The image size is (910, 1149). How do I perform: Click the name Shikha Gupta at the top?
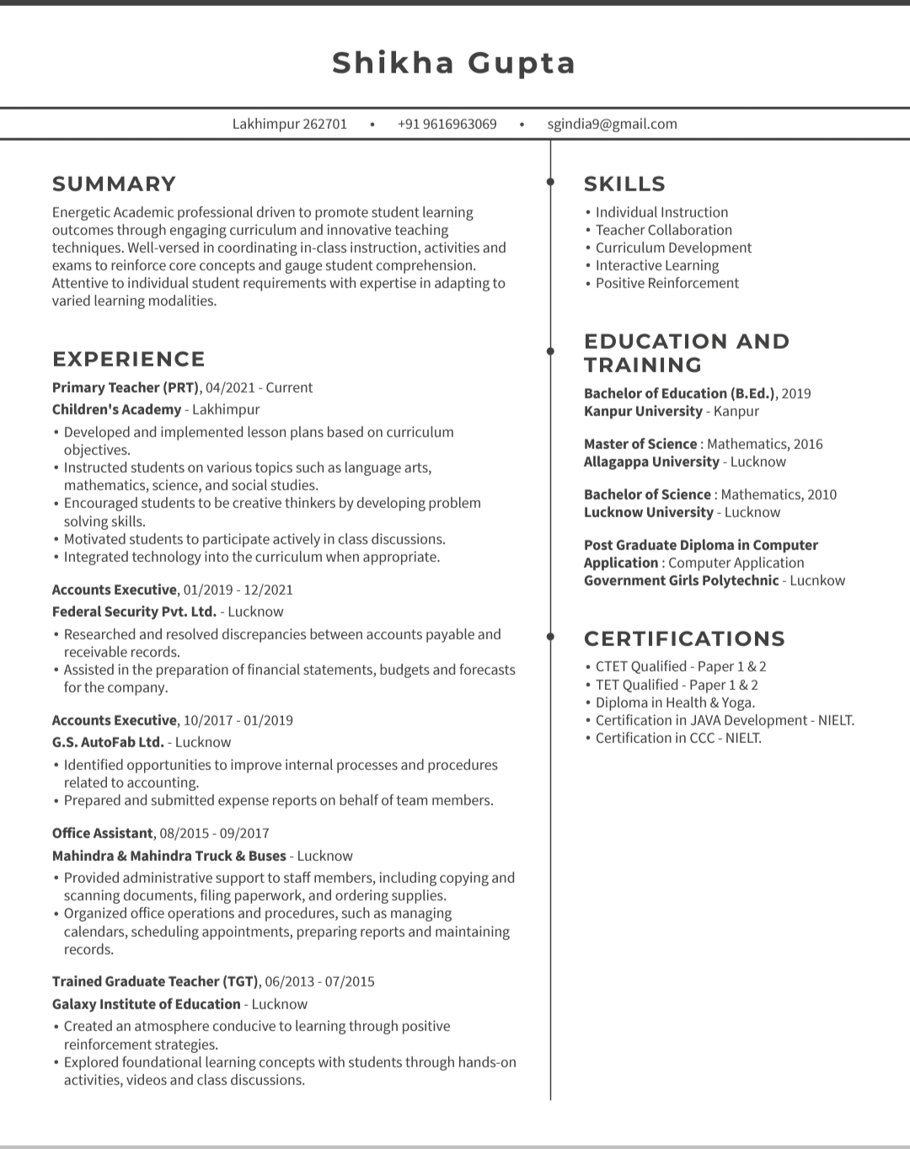[x=454, y=63]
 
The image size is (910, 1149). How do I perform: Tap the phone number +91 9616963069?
[x=447, y=124]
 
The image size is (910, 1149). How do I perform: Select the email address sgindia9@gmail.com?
[x=612, y=124]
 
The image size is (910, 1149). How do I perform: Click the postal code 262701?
[x=324, y=124]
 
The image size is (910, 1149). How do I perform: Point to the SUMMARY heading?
[x=114, y=184]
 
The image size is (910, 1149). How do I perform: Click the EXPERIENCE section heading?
[x=128, y=359]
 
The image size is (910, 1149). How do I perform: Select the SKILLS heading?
[x=624, y=184]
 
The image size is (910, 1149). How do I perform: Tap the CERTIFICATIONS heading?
[x=684, y=639]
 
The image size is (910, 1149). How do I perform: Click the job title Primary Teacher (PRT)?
[x=126, y=387]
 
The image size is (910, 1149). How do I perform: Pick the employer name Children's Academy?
[x=116, y=409]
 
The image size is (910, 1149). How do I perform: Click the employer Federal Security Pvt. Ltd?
[x=134, y=612]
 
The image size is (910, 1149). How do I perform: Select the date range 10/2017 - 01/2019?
[x=238, y=720]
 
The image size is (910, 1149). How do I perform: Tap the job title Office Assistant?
[x=102, y=833]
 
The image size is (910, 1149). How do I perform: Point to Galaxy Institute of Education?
[x=146, y=1004]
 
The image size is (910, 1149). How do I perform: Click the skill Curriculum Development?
[x=673, y=248]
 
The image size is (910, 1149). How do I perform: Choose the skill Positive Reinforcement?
[x=666, y=283]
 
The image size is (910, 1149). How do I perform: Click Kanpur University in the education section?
[x=643, y=411]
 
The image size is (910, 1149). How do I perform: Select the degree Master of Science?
[x=640, y=444]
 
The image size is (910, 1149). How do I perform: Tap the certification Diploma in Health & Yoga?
[x=675, y=703]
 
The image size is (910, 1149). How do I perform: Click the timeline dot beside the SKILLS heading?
[x=550, y=182]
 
